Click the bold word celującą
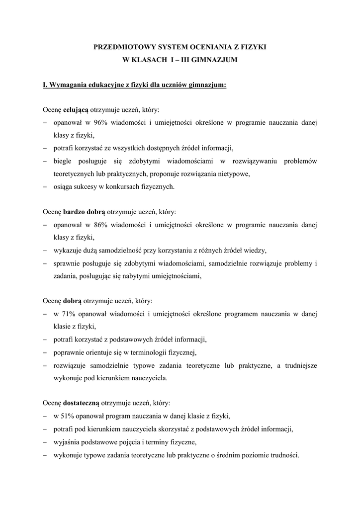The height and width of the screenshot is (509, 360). point(76,109)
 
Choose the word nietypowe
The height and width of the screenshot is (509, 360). point(233,173)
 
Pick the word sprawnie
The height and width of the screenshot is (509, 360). point(67,263)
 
